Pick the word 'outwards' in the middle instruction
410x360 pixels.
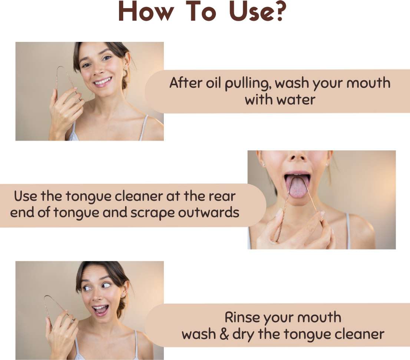[x=209, y=212]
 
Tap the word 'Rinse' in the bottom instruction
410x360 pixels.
[x=242, y=317]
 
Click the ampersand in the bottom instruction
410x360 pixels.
[x=224, y=334]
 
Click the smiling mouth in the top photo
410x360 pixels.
[x=103, y=81]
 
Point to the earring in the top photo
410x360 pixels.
[x=126, y=68]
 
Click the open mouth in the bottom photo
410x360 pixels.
[x=101, y=310]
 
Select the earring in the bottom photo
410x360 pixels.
[x=122, y=295]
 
